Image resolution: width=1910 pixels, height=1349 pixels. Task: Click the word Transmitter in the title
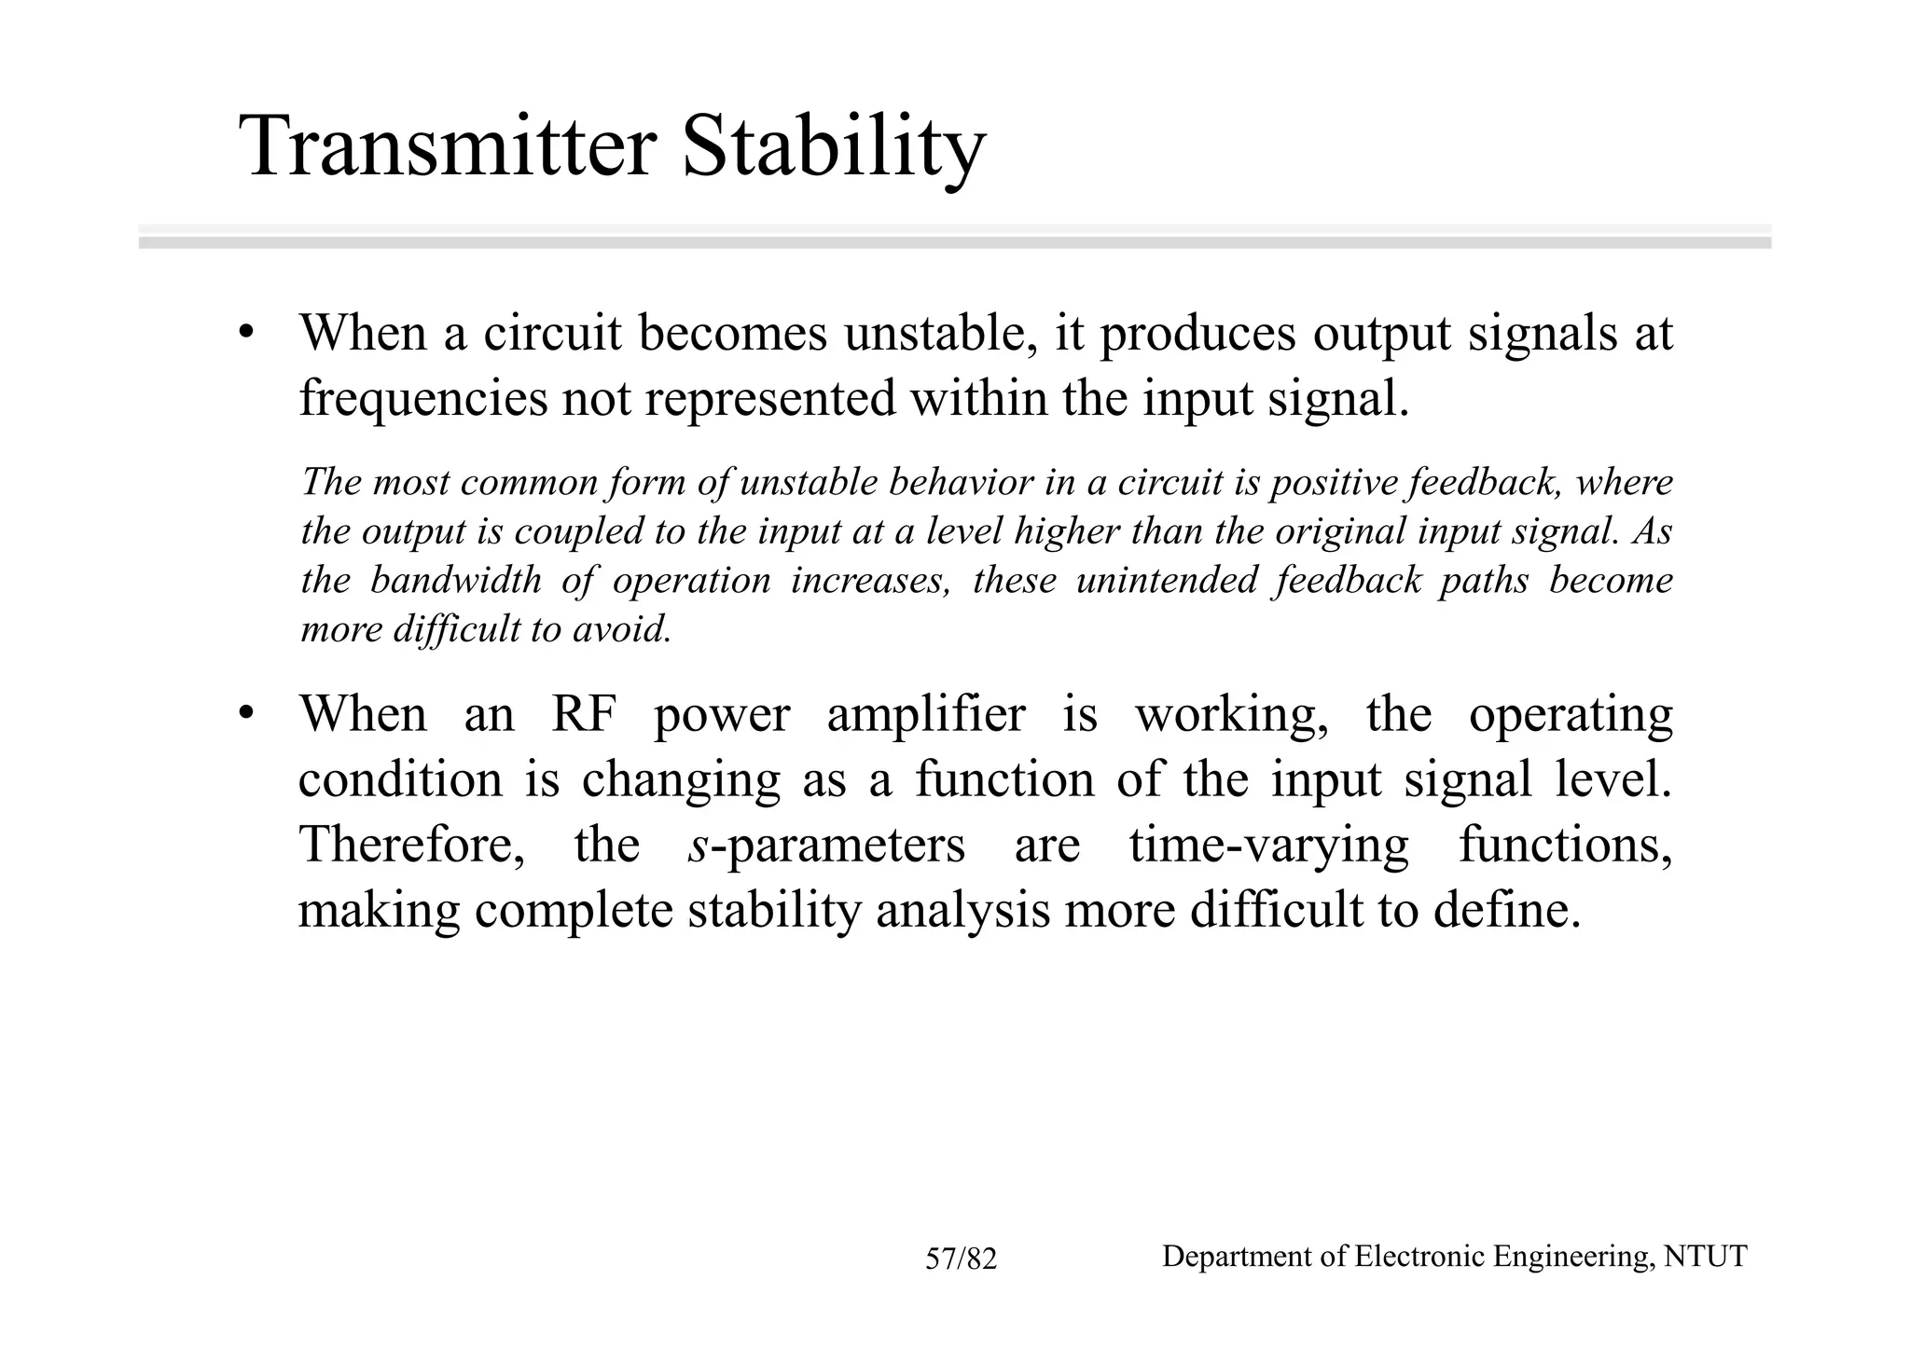(449, 147)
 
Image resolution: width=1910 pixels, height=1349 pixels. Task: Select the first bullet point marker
(245, 334)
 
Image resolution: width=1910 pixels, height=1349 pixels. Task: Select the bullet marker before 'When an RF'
(245, 715)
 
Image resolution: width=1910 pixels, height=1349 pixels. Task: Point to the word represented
(768, 398)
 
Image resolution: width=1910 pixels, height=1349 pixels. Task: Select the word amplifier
(925, 715)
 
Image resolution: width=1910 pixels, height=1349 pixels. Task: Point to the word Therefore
(411, 846)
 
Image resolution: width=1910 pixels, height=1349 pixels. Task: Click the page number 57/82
(961, 1260)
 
